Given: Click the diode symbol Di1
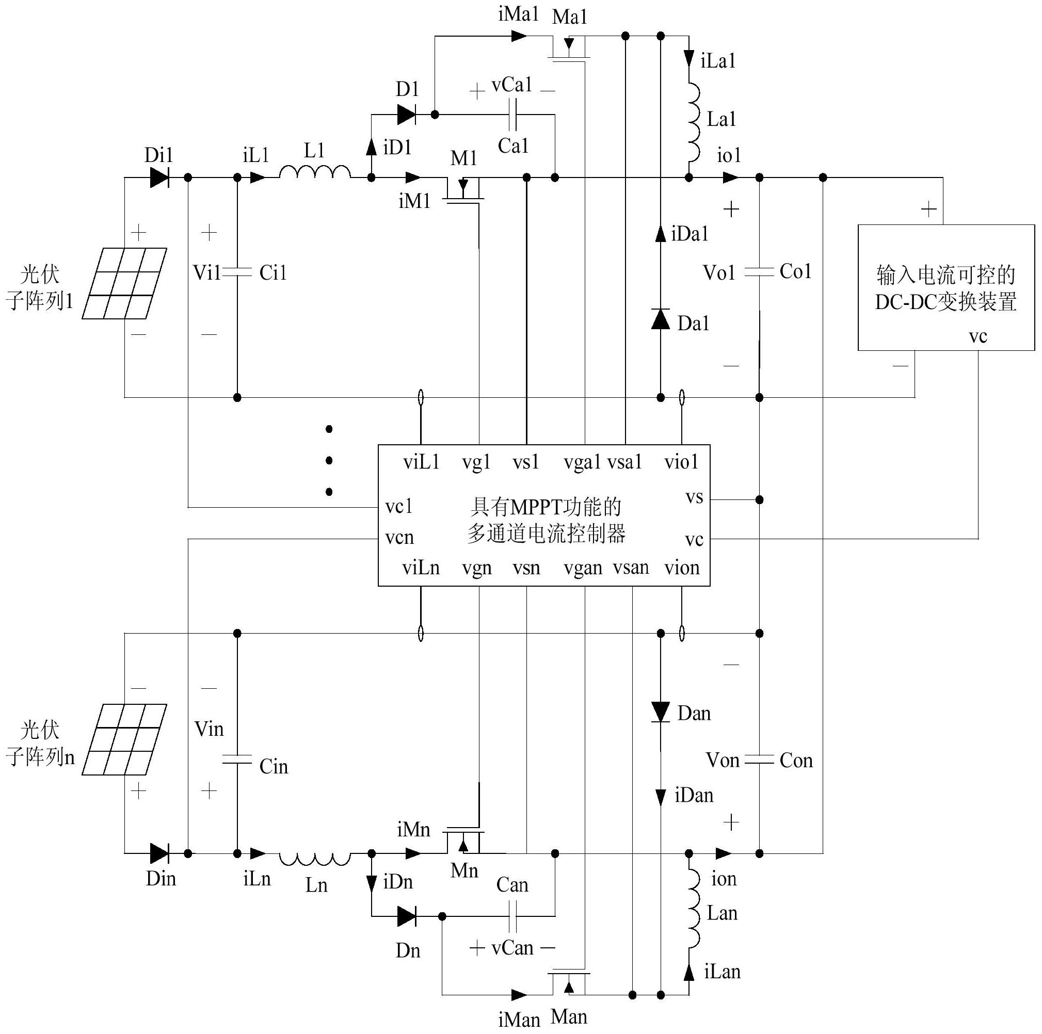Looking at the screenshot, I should pos(159,177).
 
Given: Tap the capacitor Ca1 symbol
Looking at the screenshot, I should pos(513,115).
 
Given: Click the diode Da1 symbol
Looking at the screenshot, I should pos(660,319).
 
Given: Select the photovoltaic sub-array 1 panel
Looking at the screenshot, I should pos(124,283).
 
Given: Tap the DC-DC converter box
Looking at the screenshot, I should pos(946,287).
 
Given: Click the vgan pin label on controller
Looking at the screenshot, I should pos(583,568).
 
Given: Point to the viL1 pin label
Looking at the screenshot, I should pos(421,462).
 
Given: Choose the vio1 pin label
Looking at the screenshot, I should pos(681,462).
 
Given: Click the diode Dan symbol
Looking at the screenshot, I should pos(660,712).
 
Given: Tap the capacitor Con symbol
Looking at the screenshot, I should pos(759,760).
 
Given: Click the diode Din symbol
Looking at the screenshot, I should pos(159,853).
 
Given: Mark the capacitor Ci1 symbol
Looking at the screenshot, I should pos(237,273).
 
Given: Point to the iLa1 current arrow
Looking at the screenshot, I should pos(689,58).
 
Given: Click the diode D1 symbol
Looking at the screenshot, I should pos(406,115).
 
